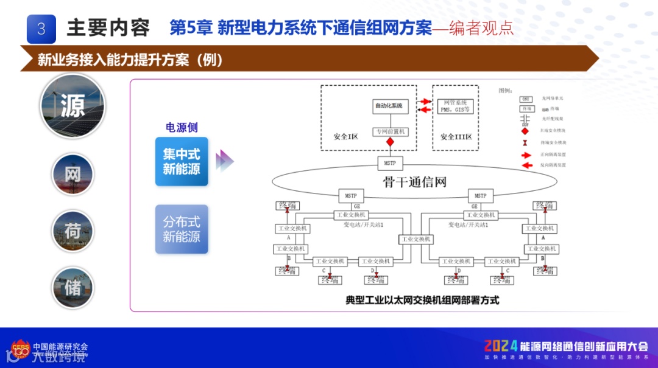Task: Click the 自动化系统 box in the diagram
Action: click(x=389, y=106)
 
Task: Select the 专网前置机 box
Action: click(x=390, y=131)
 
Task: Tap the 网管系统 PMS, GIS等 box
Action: click(x=455, y=106)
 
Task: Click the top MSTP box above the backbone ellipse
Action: click(x=390, y=164)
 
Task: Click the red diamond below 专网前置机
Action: click(x=390, y=142)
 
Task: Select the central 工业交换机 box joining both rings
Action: click(x=416, y=239)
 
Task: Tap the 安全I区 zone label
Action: click(x=346, y=137)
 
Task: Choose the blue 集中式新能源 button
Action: click(x=182, y=161)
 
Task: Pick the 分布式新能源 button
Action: click(x=182, y=229)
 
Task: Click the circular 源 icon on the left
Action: click(x=73, y=106)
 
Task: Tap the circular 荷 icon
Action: click(x=73, y=231)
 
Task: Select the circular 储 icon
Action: click(x=73, y=287)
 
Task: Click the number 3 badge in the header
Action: click(x=41, y=29)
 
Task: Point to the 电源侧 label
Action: click(x=182, y=128)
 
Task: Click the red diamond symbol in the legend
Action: click(x=525, y=131)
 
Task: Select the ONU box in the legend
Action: click(x=525, y=99)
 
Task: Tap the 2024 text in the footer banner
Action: click(x=501, y=346)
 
